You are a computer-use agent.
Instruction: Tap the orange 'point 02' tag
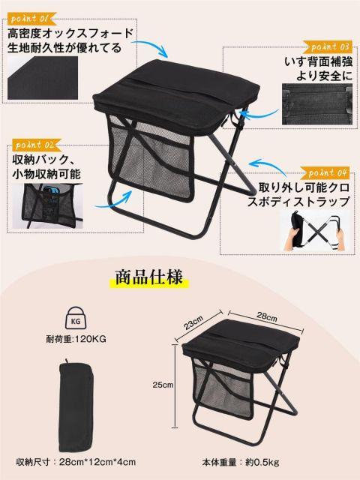click(37, 145)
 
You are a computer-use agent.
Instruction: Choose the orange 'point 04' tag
click(325, 173)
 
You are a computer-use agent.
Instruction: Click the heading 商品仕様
click(149, 277)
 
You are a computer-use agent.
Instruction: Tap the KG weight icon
click(76, 319)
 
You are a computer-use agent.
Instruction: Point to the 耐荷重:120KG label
click(76, 339)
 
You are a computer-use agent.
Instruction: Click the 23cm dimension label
click(193, 322)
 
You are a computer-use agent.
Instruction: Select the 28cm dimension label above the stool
click(267, 316)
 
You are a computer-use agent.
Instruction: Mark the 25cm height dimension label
click(163, 385)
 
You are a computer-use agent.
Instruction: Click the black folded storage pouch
click(75, 406)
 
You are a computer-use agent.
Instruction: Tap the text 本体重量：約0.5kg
click(241, 462)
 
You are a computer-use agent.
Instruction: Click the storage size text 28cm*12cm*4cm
click(97, 462)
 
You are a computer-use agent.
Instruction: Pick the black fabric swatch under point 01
click(43, 78)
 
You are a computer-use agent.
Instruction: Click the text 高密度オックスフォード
click(70, 33)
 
